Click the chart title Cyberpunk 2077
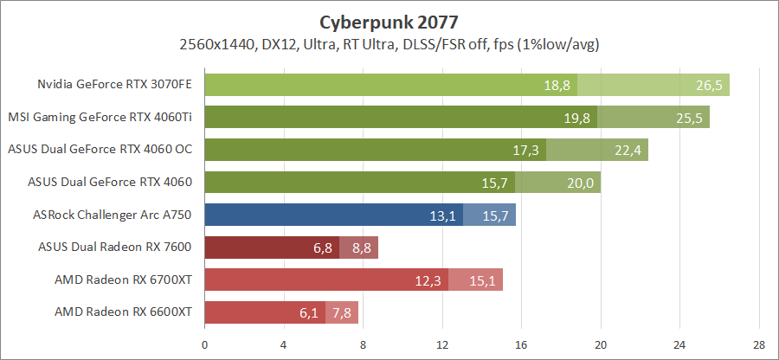coord(389,20)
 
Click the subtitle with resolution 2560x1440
coord(389,43)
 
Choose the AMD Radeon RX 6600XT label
coord(123,312)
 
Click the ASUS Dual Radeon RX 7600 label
coord(115,247)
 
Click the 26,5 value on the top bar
coord(710,85)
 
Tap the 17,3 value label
coord(526,150)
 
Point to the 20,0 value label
coord(581,183)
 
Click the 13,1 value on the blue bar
coord(443,215)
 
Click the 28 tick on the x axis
coord(759,344)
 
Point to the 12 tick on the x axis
coord(442,344)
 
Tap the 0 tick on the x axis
coord(204,344)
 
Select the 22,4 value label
coord(628,150)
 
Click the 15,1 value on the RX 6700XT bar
coord(483,280)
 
